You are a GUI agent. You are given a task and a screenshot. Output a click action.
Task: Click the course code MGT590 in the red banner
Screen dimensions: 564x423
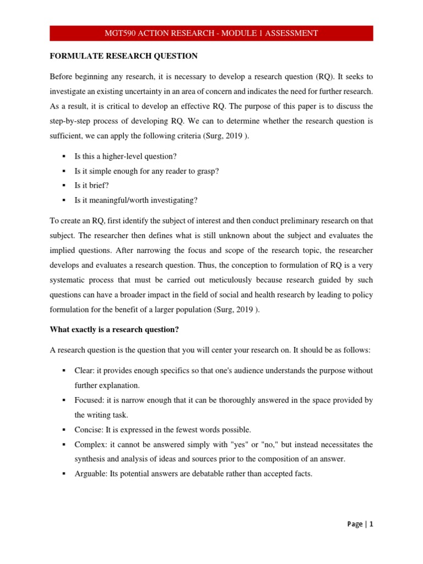120,33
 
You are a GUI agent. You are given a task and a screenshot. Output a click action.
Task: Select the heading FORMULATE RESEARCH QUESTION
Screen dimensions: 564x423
124,56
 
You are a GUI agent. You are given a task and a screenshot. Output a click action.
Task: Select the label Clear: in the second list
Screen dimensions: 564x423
84,371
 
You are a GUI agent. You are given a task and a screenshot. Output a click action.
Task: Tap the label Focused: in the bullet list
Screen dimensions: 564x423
89,400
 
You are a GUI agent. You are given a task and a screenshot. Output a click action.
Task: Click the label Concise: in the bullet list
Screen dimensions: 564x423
89,429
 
